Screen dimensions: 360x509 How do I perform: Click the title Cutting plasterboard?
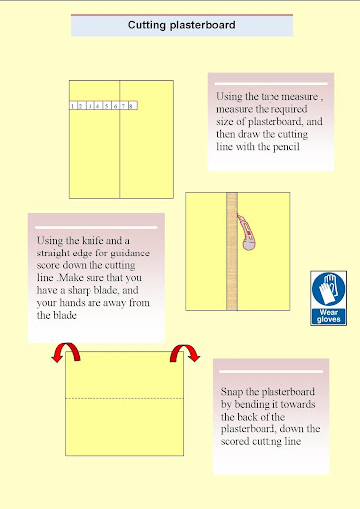pyautogui.click(x=182, y=25)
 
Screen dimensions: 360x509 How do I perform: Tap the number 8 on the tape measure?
pyautogui.click(x=131, y=106)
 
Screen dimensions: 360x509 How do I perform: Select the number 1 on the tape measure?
pyautogui.click(x=72, y=106)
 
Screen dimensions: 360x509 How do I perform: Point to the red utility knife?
pyautogui.click(x=246, y=232)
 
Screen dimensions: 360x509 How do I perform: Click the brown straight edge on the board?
pyautogui.click(x=232, y=252)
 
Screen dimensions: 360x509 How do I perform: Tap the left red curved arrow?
pyautogui.click(x=66, y=352)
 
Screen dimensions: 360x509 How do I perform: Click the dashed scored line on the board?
pyautogui.click(x=124, y=398)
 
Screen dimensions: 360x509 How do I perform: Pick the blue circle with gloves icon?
pyautogui.click(x=328, y=289)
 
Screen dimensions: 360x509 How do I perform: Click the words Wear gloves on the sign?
pyautogui.click(x=328, y=316)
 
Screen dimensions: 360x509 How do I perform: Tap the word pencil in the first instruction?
pyautogui.click(x=286, y=147)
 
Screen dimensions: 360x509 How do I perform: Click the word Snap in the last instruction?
pyautogui.click(x=232, y=392)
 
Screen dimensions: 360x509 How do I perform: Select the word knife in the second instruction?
pyautogui.click(x=92, y=240)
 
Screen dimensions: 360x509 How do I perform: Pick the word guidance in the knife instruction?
pyautogui.click(x=130, y=254)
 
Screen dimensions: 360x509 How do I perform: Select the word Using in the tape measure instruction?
pyautogui.click(x=229, y=97)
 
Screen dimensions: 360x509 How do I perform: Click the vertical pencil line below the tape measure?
pyautogui.click(x=120, y=154)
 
